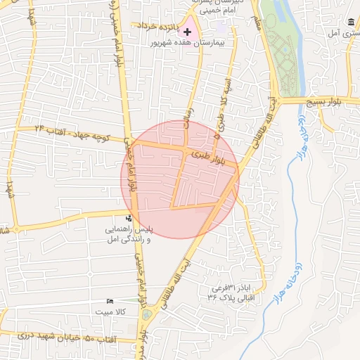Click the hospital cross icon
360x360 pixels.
187,32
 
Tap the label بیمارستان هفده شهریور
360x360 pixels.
210,43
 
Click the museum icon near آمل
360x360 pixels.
351,22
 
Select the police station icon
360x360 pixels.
128,218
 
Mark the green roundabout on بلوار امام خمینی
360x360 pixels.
146,315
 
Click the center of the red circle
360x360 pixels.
180,179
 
